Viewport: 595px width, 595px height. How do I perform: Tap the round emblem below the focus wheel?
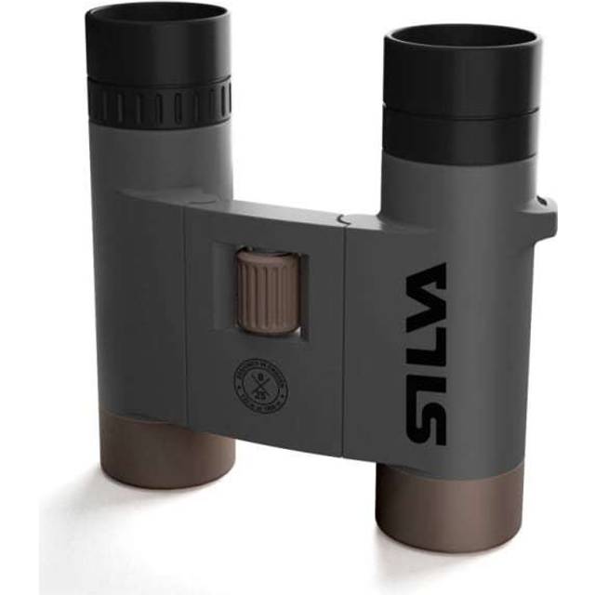(261, 382)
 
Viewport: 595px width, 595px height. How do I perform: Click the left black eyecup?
(158, 46)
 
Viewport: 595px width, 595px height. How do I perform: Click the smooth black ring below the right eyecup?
(460, 135)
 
